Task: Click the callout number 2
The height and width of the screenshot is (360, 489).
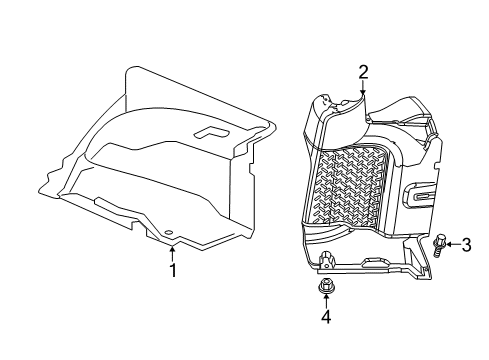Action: [363, 70]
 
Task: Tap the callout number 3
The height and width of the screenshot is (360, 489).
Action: [465, 243]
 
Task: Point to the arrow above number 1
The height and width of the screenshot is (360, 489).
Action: [172, 252]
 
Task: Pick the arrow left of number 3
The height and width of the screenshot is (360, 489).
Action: [453, 243]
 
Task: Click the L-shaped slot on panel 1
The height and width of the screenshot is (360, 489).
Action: [214, 132]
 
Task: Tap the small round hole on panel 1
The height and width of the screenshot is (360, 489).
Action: [171, 237]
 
